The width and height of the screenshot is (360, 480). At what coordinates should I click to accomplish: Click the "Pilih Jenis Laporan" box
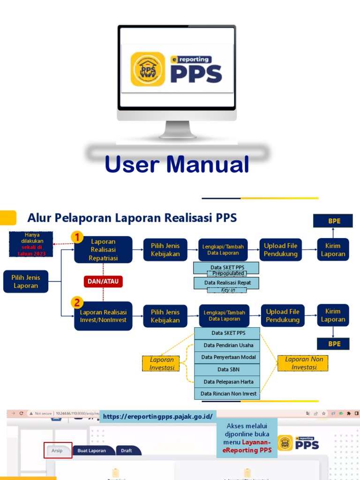(26, 281)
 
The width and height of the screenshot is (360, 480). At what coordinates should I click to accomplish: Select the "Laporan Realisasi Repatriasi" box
(103, 250)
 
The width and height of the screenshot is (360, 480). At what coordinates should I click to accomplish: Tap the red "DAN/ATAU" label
(103, 281)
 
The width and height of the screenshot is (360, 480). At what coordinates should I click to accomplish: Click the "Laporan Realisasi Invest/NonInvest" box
(103, 316)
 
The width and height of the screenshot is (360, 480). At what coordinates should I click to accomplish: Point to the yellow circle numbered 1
(77, 238)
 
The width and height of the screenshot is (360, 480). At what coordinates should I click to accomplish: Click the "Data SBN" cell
(228, 369)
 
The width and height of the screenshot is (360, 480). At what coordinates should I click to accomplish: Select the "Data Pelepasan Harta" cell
(228, 382)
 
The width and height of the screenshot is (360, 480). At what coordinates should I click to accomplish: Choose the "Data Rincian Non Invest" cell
(228, 394)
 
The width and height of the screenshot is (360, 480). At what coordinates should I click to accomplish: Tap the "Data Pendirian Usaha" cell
(228, 345)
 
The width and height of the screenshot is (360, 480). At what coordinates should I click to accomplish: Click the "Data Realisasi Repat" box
(226, 283)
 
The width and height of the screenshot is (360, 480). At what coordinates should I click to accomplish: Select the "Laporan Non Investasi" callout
(304, 363)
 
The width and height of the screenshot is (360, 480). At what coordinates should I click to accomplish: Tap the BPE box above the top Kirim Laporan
(334, 220)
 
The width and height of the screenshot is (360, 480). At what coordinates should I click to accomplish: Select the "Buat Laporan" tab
(91, 451)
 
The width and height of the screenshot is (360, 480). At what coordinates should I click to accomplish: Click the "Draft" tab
(127, 451)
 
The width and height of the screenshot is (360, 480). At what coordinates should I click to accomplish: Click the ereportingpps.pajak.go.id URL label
(158, 416)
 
